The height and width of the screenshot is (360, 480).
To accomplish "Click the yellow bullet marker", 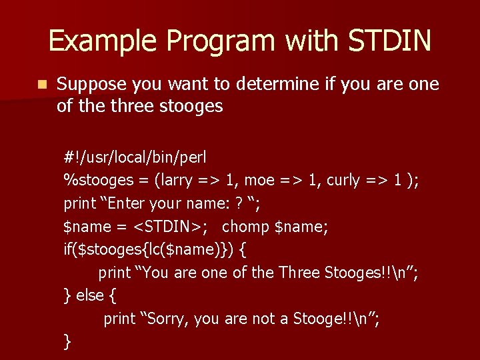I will click(x=42, y=85).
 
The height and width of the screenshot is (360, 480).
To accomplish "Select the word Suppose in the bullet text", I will click(x=92, y=85).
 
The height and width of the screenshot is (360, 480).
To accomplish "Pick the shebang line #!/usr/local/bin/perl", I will click(x=135, y=158).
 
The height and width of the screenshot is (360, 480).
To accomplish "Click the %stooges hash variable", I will click(x=95, y=181).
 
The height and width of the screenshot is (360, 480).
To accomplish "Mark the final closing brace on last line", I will click(x=67, y=342).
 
